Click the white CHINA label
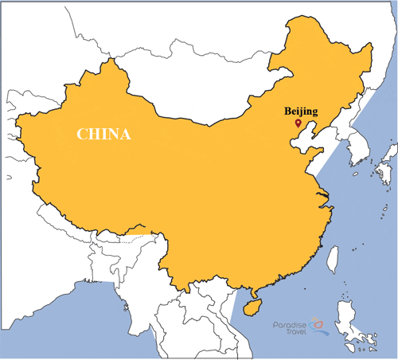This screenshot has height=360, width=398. point(103,134)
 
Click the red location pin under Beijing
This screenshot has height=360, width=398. point(297,123)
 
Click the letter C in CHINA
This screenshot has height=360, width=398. point(81,134)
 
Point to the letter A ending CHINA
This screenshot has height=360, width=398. point(125,134)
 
